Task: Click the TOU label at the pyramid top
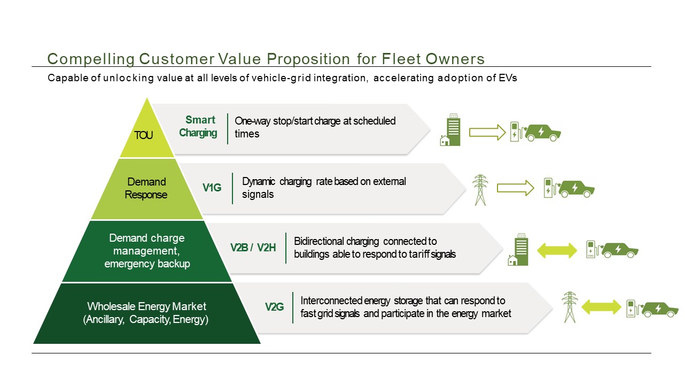(x=143, y=135)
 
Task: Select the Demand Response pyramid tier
(x=146, y=188)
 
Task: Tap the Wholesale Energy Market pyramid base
(x=147, y=313)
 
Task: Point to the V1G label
(x=212, y=188)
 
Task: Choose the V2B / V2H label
(x=253, y=248)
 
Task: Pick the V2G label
(x=275, y=307)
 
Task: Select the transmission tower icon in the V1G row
(x=480, y=190)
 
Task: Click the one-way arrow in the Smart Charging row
(x=487, y=132)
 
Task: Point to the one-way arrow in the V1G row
(x=515, y=188)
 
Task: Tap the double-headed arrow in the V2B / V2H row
(x=557, y=250)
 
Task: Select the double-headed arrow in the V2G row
(x=601, y=307)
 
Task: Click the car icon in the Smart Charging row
(x=542, y=132)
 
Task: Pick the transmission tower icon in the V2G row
(x=570, y=307)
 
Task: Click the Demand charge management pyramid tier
(x=147, y=251)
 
